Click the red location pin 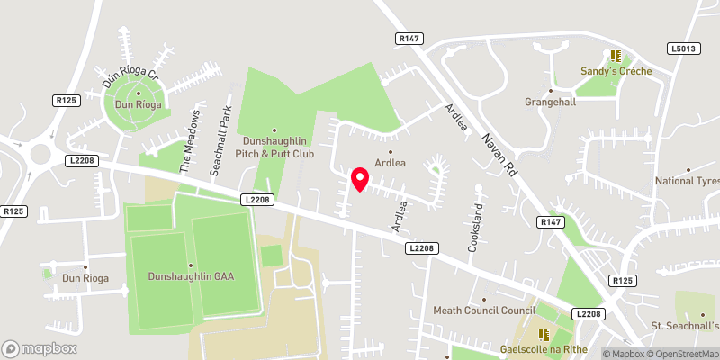pos(359,179)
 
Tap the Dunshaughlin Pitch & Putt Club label pos(276,147)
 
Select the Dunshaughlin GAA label pos(192,276)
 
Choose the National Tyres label pos(688,181)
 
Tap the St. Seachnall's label pos(686,325)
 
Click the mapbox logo pos(38,348)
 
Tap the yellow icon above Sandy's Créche pos(617,56)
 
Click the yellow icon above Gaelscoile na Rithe pos(543,333)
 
